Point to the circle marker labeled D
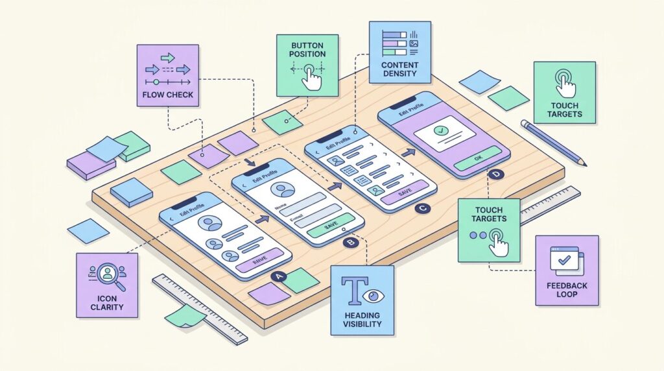click(497, 174)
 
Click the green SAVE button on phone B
click(331, 225)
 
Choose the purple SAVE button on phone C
click(405, 192)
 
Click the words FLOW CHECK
click(167, 95)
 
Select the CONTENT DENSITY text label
click(399, 71)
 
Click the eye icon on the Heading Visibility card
click(373, 296)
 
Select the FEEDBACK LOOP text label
click(567, 289)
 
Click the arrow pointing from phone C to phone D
click(407, 153)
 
